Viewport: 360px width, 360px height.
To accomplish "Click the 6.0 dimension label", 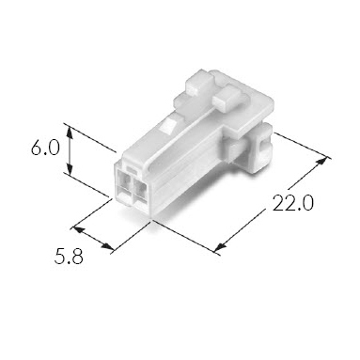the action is [45, 148].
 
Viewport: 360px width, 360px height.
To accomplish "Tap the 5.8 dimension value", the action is [69, 257].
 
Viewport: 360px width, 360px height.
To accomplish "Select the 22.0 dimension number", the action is [292, 203].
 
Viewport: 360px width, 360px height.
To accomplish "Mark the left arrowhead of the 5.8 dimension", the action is [79, 230].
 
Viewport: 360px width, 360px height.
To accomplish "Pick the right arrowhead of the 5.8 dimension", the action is [107, 246].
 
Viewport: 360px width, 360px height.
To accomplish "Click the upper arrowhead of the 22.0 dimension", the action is [321, 163].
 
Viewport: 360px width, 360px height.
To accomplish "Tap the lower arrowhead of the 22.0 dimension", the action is [221, 246].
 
